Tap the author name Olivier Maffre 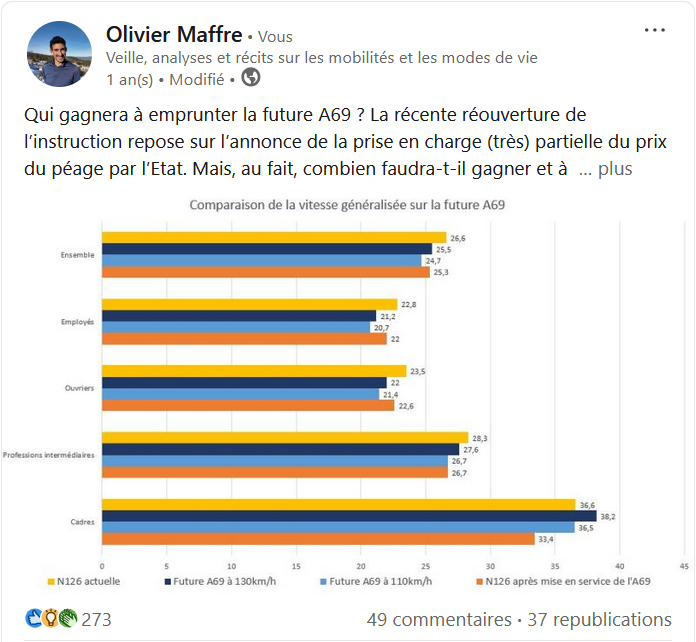(174, 35)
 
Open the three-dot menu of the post (655, 31)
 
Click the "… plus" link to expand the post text (606, 169)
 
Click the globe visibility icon (251, 78)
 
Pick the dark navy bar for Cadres (348, 516)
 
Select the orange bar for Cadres (318, 539)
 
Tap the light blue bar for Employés (235, 328)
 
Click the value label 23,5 (418, 371)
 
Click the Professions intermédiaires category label (49, 455)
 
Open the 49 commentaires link (439, 620)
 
